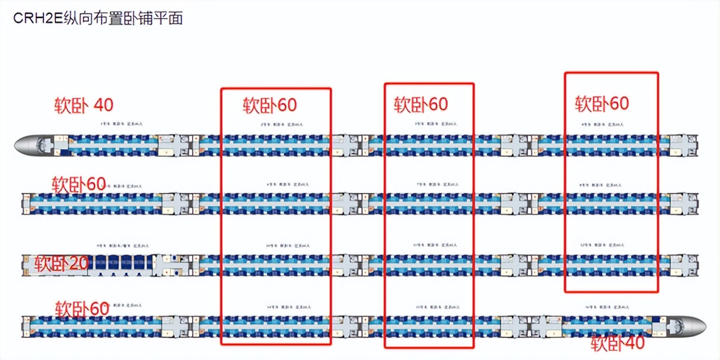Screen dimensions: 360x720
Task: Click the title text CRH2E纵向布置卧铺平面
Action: click(98, 18)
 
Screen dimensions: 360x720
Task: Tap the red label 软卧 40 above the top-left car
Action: click(84, 105)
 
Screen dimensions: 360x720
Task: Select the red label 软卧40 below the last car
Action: click(617, 342)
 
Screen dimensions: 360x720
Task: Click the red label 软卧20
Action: click(61, 263)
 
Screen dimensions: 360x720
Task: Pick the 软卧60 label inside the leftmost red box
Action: click(270, 105)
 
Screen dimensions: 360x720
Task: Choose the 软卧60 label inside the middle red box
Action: click(421, 104)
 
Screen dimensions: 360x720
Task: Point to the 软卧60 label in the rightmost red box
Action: click(602, 103)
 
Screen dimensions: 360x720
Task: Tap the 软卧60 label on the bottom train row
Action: click(82, 308)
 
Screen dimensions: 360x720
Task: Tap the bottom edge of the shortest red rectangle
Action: click(611, 291)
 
